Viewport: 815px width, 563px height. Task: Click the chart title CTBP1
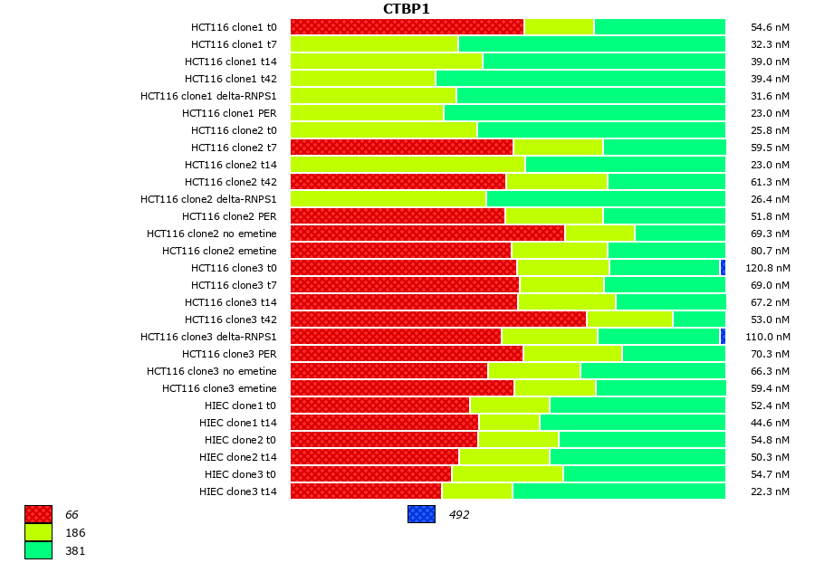[x=406, y=9]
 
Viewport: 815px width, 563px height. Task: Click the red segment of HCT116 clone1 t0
[x=407, y=27]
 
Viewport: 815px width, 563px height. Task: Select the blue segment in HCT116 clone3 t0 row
[x=723, y=268]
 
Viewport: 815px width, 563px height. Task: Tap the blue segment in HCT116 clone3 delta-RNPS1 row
[x=723, y=337]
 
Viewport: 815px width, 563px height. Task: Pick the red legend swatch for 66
[x=38, y=514]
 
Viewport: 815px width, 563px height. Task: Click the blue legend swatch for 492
[x=421, y=514]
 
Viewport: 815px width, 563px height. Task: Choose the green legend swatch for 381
[x=38, y=550]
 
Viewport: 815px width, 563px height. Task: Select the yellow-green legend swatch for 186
[x=38, y=532]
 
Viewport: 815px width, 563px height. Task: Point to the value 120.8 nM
[x=769, y=269]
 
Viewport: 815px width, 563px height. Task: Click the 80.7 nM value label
[x=770, y=252]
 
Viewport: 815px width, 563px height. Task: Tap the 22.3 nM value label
[x=770, y=491]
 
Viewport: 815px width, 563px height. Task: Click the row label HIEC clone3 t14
[x=238, y=491]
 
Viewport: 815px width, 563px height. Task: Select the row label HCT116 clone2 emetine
[x=219, y=251]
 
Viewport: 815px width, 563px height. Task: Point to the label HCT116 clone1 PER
[x=229, y=113]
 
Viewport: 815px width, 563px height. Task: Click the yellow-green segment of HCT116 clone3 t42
[x=629, y=320]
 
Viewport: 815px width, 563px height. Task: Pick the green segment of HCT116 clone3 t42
[x=699, y=320]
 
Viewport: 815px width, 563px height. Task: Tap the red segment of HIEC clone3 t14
[x=366, y=491]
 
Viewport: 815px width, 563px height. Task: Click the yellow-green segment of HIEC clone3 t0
[x=507, y=474]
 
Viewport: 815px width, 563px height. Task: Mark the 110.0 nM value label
[x=769, y=337]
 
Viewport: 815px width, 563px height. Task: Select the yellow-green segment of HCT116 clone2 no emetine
[x=599, y=234]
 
